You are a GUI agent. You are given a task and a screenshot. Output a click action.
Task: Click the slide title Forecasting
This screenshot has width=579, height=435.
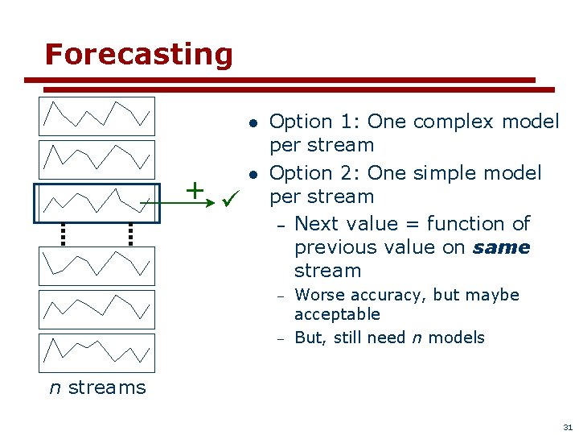pyautogui.click(x=138, y=55)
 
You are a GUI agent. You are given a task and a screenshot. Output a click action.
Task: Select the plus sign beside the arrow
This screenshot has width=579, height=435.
pyautogui.click(x=194, y=190)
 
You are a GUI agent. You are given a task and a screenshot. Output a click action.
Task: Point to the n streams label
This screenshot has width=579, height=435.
pyautogui.click(x=97, y=387)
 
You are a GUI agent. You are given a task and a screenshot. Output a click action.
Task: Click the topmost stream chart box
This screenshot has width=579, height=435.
pyautogui.click(x=97, y=116)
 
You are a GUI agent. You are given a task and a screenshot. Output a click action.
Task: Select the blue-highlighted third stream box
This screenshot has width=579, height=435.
pyautogui.click(x=96, y=202)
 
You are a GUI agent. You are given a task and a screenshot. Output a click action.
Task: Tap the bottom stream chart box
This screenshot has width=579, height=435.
pyautogui.click(x=97, y=353)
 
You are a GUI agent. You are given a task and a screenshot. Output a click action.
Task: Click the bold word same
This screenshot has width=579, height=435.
pyautogui.click(x=501, y=247)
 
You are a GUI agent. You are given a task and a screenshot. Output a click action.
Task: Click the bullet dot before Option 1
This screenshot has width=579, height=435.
pyautogui.click(x=252, y=123)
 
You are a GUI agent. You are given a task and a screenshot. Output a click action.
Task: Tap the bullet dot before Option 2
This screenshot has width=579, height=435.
pyautogui.click(x=252, y=174)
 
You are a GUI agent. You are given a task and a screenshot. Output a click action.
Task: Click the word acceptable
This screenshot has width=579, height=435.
pyautogui.click(x=337, y=314)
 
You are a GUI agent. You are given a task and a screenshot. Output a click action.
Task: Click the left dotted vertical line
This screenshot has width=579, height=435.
pyautogui.click(x=63, y=233)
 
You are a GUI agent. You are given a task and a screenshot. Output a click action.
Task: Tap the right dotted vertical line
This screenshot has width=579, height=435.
pyautogui.click(x=129, y=233)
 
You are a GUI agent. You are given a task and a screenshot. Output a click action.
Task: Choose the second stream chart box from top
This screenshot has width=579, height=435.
pyautogui.click(x=97, y=159)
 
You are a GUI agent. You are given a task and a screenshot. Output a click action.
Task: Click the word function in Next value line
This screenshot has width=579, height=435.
pyautogui.click(x=466, y=223)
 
